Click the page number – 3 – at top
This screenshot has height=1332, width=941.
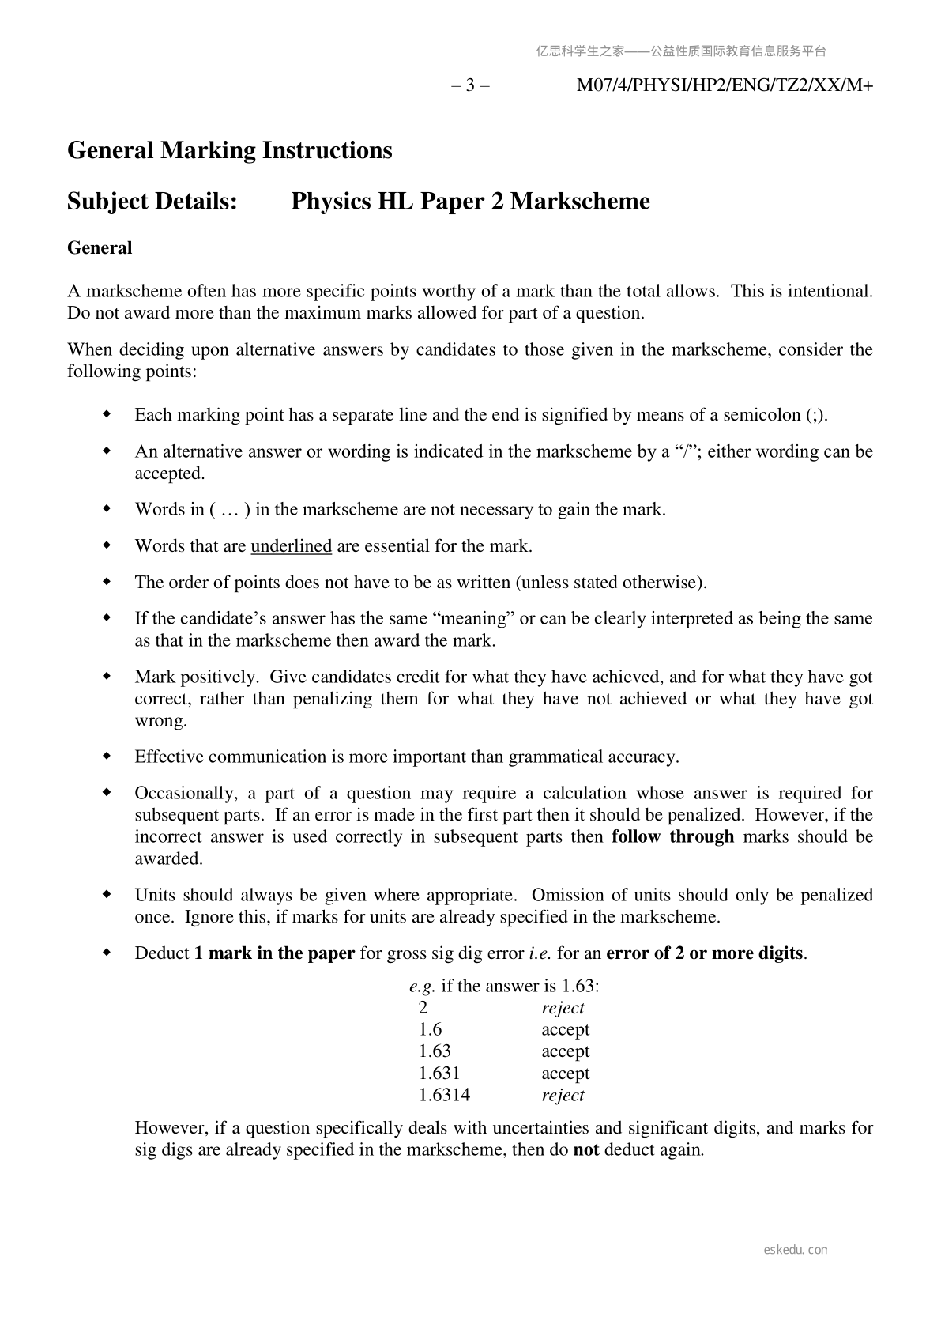pyautogui.click(x=470, y=85)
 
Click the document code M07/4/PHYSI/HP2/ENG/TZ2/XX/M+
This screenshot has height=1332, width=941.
pyautogui.click(x=725, y=85)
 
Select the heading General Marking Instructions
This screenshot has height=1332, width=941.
pyautogui.click(x=230, y=150)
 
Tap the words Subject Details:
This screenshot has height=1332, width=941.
pyautogui.click(x=152, y=202)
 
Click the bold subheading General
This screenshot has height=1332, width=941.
pyautogui.click(x=100, y=248)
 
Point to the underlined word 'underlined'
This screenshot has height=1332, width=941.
pyautogui.click(x=291, y=546)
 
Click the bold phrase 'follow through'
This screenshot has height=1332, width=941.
pyautogui.click(x=672, y=837)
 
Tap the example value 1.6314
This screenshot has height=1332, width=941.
pyautogui.click(x=444, y=1096)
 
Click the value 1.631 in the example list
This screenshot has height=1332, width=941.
pyautogui.click(x=439, y=1074)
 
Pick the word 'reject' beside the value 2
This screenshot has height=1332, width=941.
pyautogui.click(x=563, y=1008)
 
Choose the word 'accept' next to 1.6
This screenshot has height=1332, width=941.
pyautogui.click(x=565, y=1030)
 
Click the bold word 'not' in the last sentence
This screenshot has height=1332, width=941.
pyautogui.click(x=585, y=1149)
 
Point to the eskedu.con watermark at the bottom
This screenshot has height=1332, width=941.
pyautogui.click(x=796, y=1250)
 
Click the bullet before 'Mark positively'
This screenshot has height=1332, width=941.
pyautogui.click(x=107, y=677)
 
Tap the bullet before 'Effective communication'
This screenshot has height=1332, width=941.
pyautogui.click(x=107, y=757)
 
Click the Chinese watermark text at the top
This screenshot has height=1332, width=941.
pyautogui.click(x=681, y=51)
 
